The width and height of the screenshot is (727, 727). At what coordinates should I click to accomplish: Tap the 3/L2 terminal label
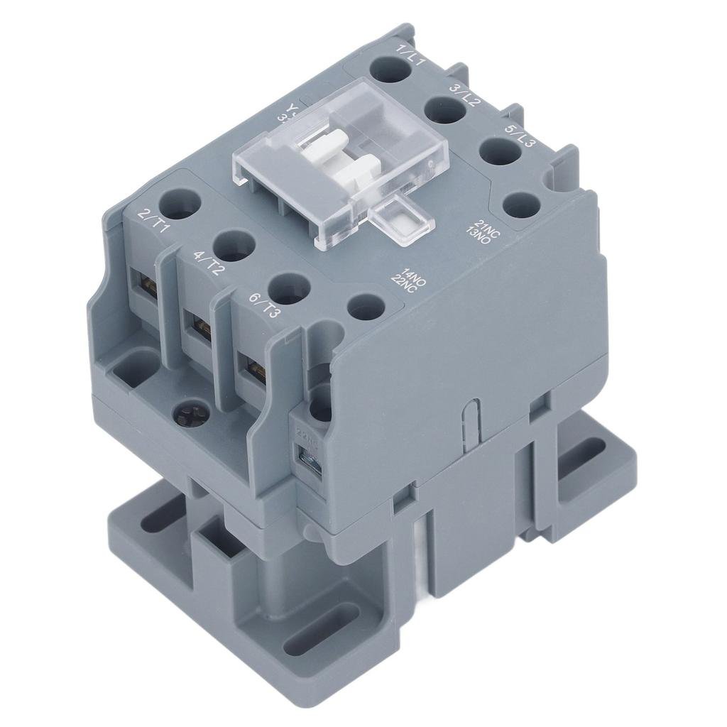click(x=465, y=96)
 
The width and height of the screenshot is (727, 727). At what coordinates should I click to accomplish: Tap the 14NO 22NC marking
click(x=412, y=281)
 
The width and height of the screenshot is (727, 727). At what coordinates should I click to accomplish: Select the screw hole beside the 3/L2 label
click(x=443, y=111)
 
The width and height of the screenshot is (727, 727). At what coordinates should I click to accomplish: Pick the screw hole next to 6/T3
click(x=290, y=290)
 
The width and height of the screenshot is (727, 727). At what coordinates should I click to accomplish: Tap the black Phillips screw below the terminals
click(x=190, y=412)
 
